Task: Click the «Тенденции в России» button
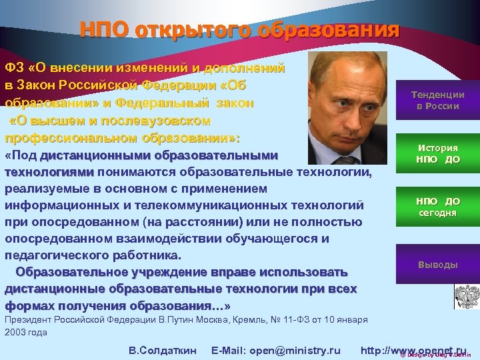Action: click(437, 100)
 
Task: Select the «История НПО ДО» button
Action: click(437, 154)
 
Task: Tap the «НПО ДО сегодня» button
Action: click(437, 207)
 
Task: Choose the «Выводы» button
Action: click(437, 265)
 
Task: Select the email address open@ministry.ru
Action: click(293, 351)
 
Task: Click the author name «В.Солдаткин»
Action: click(162, 351)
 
